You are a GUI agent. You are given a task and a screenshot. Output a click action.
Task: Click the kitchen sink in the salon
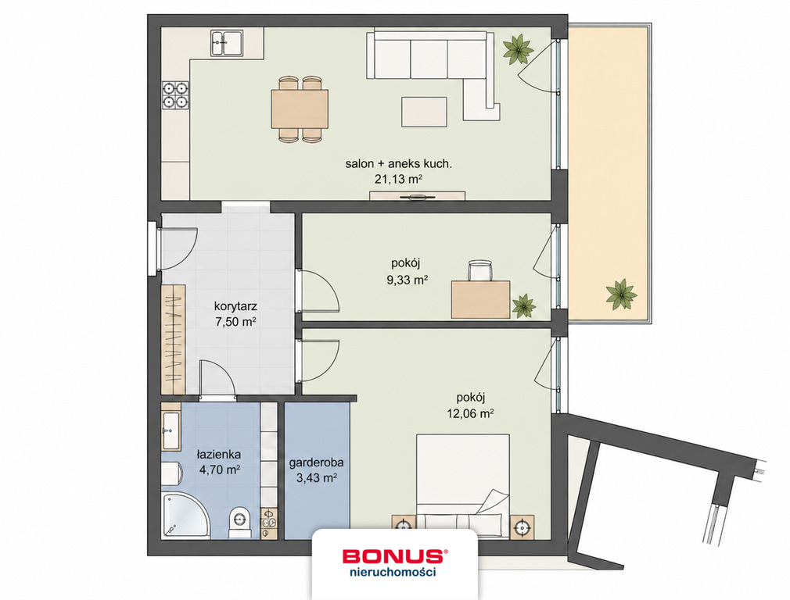(227, 43)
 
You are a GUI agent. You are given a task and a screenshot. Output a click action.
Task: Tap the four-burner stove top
(175, 95)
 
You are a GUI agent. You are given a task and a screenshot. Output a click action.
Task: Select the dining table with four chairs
(300, 109)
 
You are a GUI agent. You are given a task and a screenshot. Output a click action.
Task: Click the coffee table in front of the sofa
(424, 112)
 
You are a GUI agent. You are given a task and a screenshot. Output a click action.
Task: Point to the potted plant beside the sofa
(518, 48)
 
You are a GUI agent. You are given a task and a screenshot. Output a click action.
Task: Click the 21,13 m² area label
(398, 179)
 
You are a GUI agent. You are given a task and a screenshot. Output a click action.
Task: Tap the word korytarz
(235, 306)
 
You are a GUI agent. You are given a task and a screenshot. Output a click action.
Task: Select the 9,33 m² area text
(407, 280)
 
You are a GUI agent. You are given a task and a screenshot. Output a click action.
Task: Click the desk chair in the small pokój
(479, 270)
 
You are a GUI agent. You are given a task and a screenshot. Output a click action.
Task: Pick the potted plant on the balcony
(621, 295)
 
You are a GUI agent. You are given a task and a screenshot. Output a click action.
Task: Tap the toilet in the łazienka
(239, 523)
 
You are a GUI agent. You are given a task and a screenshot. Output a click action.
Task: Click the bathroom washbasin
(171, 431)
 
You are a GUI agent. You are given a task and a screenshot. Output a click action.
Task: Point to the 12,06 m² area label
(469, 414)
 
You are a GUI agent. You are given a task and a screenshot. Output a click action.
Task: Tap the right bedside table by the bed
(522, 527)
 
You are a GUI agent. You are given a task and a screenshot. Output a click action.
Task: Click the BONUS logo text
(393, 556)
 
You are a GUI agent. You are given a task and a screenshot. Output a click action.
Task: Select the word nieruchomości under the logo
(393, 572)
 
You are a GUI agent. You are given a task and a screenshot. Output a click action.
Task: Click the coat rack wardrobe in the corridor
(174, 339)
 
